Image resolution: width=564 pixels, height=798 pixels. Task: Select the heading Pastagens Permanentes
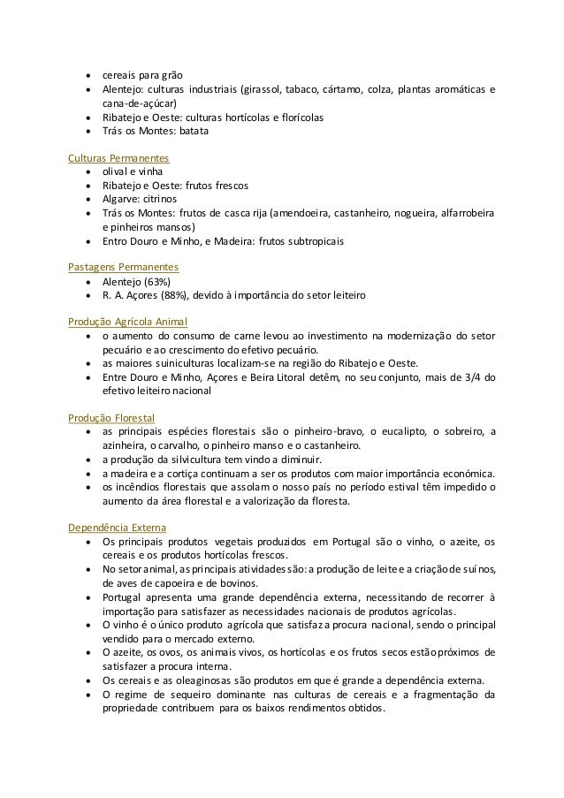pos(124,266)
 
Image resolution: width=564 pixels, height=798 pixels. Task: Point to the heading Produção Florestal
pos(111,416)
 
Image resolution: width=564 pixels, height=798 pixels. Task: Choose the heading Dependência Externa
pos(116,528)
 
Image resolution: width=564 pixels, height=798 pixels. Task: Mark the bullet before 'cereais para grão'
pos(89,75)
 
